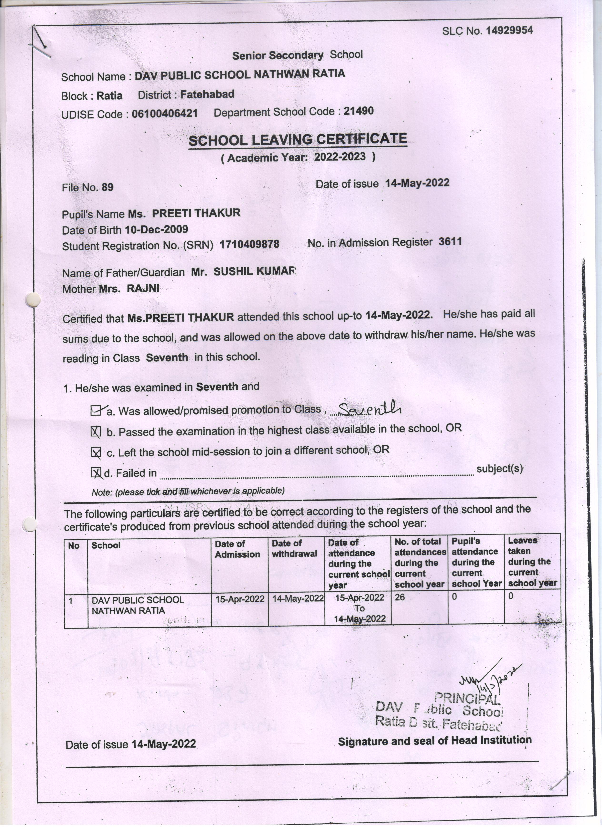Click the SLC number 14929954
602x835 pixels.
pyautogui.click(x=509, y=30)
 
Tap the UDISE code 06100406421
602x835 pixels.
pyautogui.click(x=165, y=113)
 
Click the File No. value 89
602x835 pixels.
pyautogui.click(x=107, y=187)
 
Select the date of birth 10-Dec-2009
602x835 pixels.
pyautogui.click(x=156, y=229)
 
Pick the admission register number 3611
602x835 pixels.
pyautogui.click(x=450, y=241)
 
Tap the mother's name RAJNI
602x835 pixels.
pyautogui.click(x=143, y=288)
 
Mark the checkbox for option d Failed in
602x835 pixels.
pyautogui.click(x=96, y=473)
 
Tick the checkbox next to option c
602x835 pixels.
pyautogui.click(x=96, y=452)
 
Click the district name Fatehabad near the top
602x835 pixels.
pyautogui.click(x=207, y=94)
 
